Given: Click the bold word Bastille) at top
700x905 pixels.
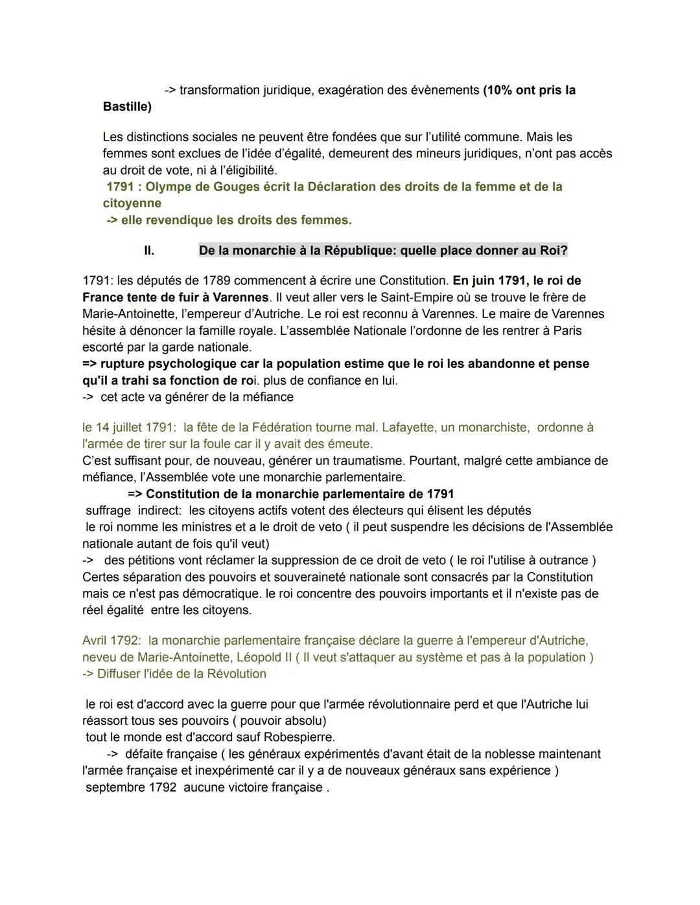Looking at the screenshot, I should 127,106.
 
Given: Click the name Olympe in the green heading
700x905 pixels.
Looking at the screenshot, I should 167,187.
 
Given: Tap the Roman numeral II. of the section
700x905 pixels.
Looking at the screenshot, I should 149,251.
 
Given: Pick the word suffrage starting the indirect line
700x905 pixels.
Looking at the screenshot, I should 108,510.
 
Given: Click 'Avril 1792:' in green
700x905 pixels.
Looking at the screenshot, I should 111,641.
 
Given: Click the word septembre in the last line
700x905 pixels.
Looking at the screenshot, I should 115,788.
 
